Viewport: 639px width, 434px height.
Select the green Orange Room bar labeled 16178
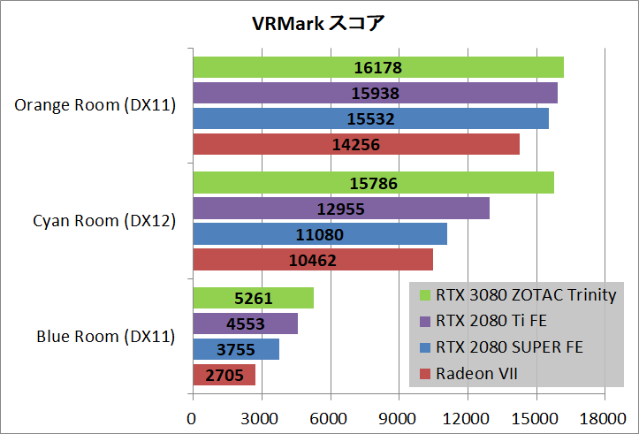pyautogui.click(x=377, y=67)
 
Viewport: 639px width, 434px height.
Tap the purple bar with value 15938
pyautogui.click(x=375, y=93)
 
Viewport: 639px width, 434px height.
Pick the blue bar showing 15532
pyautogui.click(x=370, y=118)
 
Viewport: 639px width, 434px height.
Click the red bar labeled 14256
pyautogui.click(x=355, y=144)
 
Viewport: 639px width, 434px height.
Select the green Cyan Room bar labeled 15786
pyautogui.click(x=373, y=183)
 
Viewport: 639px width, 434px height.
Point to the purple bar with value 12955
pyautogui.click(x=340, y=209)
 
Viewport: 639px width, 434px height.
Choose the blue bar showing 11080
pyautogui.click(x=319, y=234)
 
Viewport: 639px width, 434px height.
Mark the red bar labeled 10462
pyautogui.click(x=312, y=260)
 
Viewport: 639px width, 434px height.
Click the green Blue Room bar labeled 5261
pyautogui.click(x=253, y=298)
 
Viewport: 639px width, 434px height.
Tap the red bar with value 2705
pyautogui.click(x=224, y=375)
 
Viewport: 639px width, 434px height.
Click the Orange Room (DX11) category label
pyautogui.click(x=95, y=106)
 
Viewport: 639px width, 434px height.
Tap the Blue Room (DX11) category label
pyautogui.click(x=105, y=337)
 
